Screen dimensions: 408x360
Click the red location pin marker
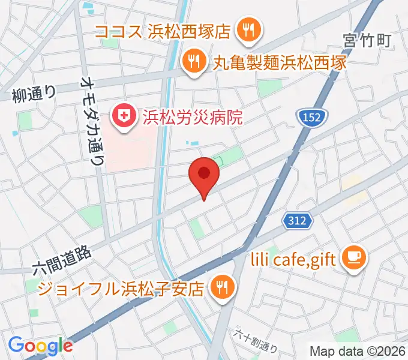point(204,175)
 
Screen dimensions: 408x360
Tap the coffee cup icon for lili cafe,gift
point(351,258)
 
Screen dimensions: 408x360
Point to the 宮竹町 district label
point(367,41)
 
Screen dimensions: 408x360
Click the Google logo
point(40,346)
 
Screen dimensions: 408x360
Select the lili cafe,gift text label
point(293,259)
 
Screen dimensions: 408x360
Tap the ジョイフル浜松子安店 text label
point(121,289)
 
